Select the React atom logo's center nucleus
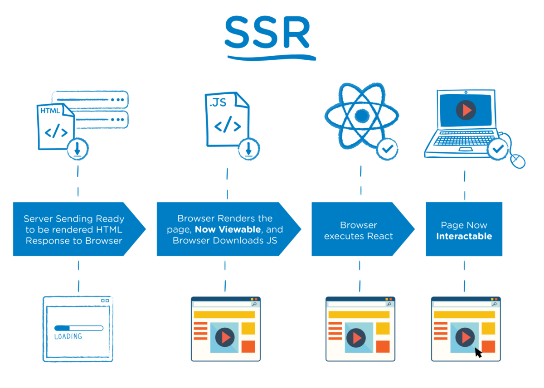[x=362, y=115]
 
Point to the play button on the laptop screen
[x=466, y=110]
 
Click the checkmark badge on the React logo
[x=387, y=148]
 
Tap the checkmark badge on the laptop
[x=498, y=148]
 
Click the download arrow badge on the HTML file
[x=78, y=149]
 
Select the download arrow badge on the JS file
[x=248, y=149]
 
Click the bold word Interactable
[x=464, y=236]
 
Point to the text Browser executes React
[x=358, y=231]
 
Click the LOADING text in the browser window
[x=68, y=337]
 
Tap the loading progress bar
[x=78, y=328]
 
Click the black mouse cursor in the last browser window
[x=478, y=352]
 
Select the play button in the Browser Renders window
[x=224, y=337]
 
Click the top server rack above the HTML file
[x=91, y=99]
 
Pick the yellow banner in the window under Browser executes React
[x=359, y=315]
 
